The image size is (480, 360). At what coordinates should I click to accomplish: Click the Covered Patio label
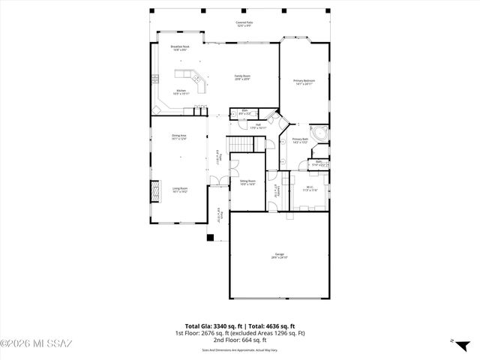pyautogui.click(x=243, y=24)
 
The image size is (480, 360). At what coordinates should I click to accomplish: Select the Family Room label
pyautogui.click(x=242, y=76)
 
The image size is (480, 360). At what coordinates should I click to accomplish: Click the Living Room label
pyautogui.click(x=179, y=190)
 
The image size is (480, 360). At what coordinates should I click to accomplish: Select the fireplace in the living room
pyautogui.click(x=157, y=191)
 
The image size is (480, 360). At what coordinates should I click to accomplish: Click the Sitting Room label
pyautogui.click(x=247, y=182)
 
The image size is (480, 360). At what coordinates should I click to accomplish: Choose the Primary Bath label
pyautogui.click(x=300, y=140)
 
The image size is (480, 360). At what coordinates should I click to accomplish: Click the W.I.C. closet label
pyautogui.click(x=310, y=189)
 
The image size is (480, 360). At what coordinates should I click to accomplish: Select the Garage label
pyautogui.click(x=279, y=256)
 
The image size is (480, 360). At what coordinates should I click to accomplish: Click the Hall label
pyautogui.click(x=257, y=126)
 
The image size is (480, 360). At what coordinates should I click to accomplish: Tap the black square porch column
pyautogui.click(x=211, y=238)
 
